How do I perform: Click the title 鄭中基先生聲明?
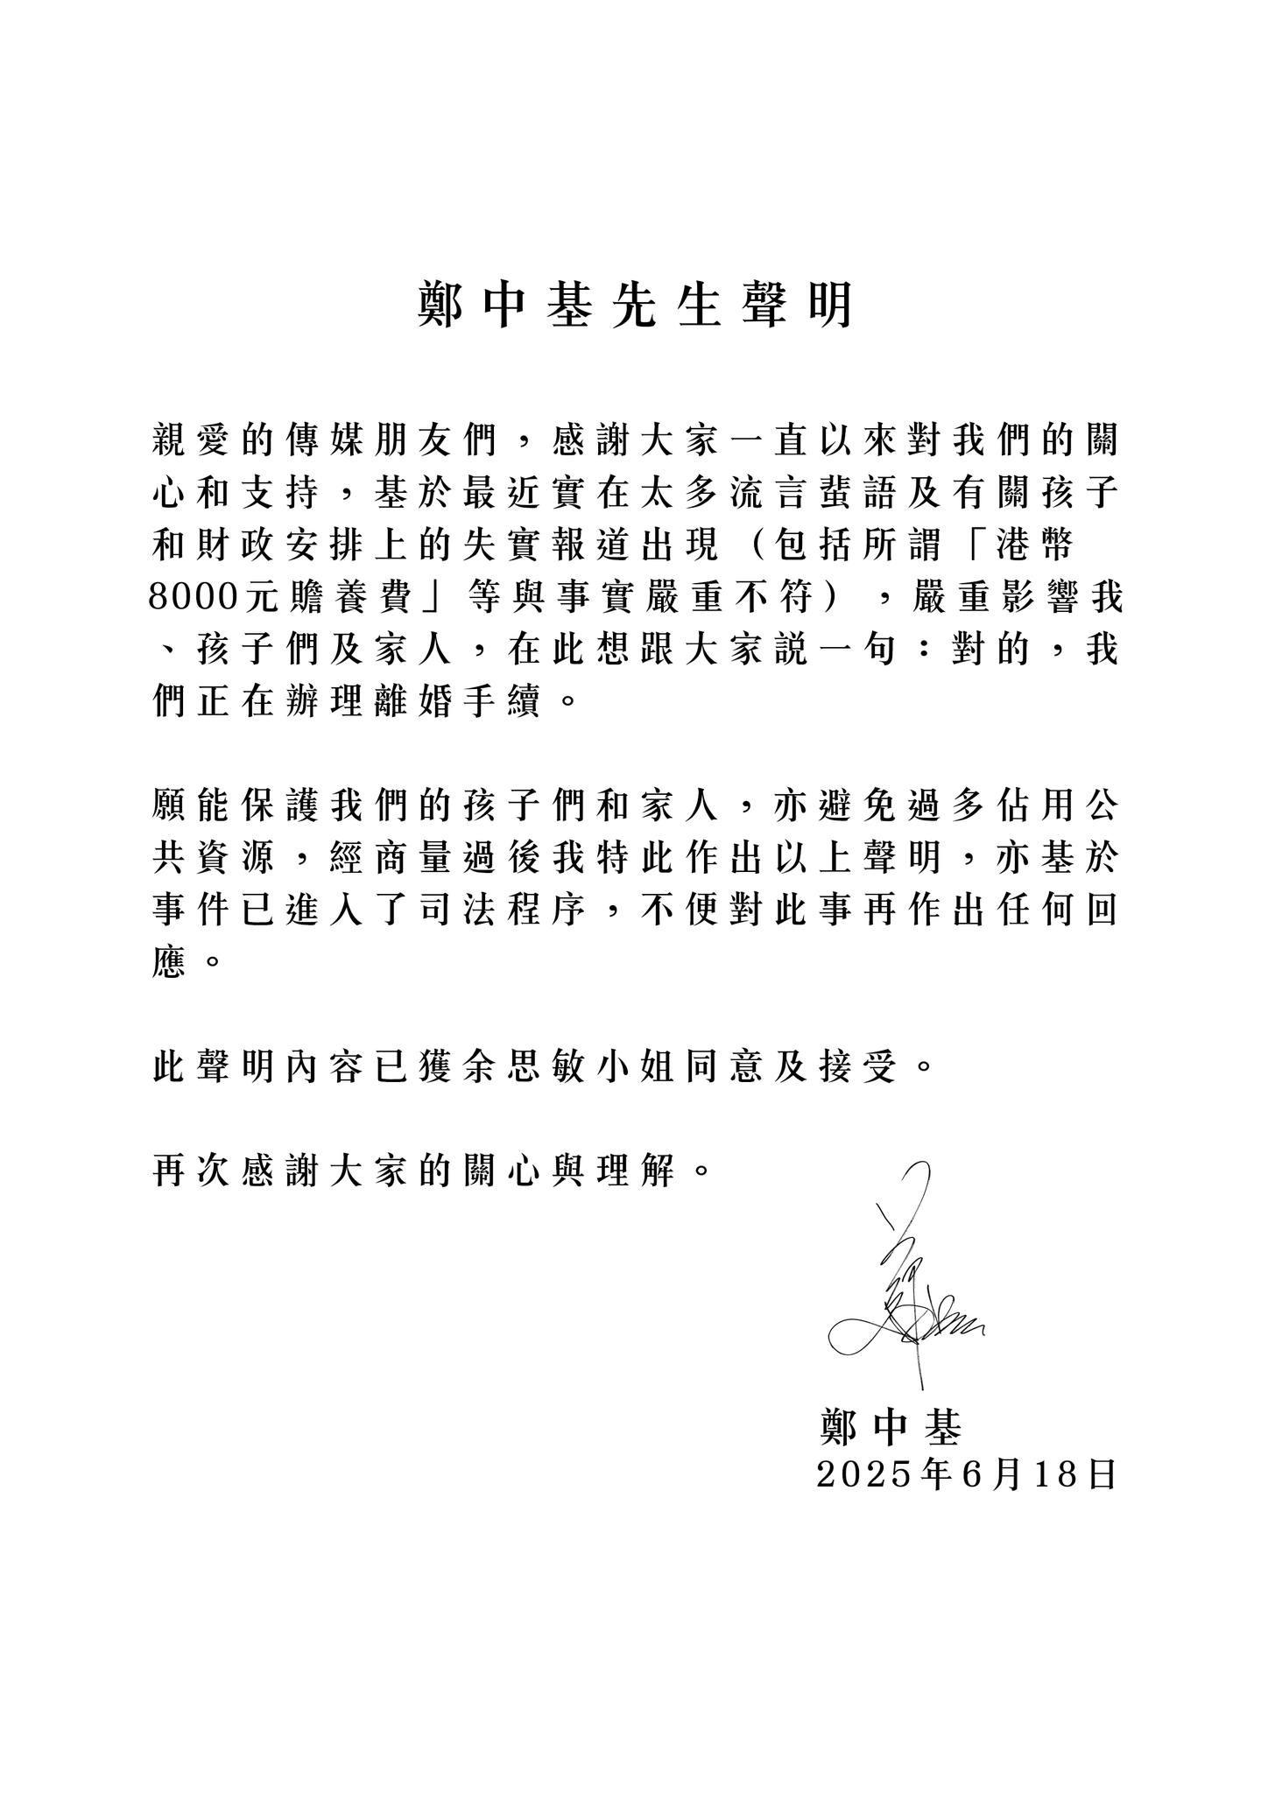(x=635, y=306)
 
